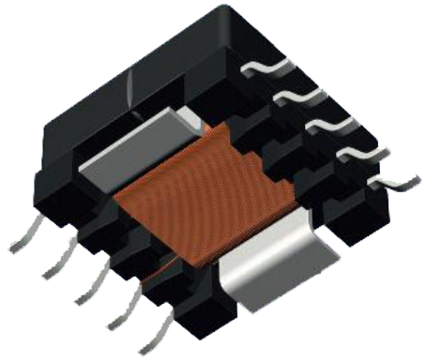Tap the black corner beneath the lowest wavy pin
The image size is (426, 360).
[x=361, y=211]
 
